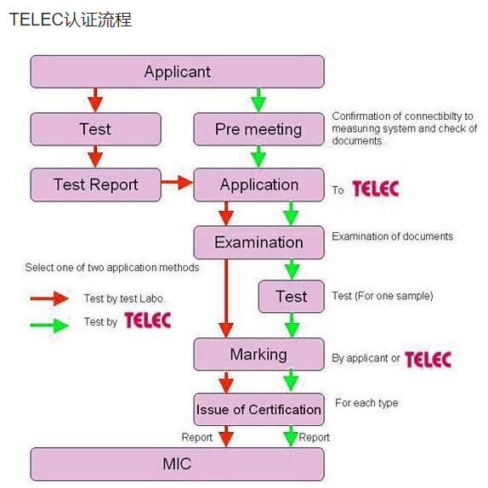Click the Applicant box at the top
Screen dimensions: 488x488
pyautogui.click(x=177, y=71)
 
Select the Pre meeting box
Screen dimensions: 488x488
pyautogui.click(x=258, y=129)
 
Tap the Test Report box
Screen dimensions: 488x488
pyautogui.click(x=95, y=184)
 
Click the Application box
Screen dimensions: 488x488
pyautogui.click(x=258, y=184)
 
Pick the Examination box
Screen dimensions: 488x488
pyautogui.click(x=258, y=242)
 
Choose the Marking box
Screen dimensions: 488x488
pyautogui.click(x=258, y=355)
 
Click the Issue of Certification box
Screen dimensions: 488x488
pyautogui.click(x=258, y=409)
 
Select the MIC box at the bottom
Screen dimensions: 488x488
pyautogui.click(x=177, y=464)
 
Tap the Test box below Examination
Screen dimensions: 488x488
pyautogui.click(x=292, y=296)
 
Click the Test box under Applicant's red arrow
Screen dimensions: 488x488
pyautogui.click(x=95, y=129)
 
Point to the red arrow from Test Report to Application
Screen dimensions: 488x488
pyautogui.click(x=177, y=182)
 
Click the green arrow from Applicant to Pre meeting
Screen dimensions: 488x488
pyautogui.click(x=258, y=100)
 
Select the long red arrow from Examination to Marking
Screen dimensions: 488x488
pyautogui.click(x=226, y=298)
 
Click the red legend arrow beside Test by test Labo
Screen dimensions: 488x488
pyautogui.click(x=49, y=298)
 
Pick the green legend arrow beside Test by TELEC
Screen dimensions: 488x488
pyautogui.click(x=49, y=326)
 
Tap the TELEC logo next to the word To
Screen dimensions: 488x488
pyautogui.click(x=376, y=189)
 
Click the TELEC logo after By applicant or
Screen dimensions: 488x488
pyautogui.click(x=428, y=359)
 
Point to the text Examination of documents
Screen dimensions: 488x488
pyautogui.click(x=393, y=236)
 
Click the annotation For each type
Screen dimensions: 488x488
pyautogui.click(x=366, y=403)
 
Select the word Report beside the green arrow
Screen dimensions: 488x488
pyautogui.click(x=314, y=437)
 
